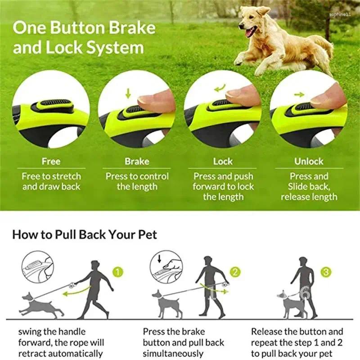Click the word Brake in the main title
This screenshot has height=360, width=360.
pos(132,28)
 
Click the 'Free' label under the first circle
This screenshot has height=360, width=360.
pos(51,161)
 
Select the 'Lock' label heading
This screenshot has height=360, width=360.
pos(223,161)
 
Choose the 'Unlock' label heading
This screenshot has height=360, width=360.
pos(309,161)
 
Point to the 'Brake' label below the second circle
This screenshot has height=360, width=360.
pos(137,161)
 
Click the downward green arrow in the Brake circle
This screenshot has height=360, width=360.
pos(128,94)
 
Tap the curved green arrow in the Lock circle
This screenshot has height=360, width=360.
pos(220,88)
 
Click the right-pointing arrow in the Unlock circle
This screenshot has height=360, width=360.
pos(299,94)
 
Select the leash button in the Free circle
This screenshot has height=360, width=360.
pos(52,106)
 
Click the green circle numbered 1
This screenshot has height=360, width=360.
pos(118,272)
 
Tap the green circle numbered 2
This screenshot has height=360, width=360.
pos(235,272)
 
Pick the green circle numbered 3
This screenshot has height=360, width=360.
pos(326,272)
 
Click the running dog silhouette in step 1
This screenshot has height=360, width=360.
pos(41,305)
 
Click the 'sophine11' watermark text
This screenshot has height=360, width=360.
pos(340,14)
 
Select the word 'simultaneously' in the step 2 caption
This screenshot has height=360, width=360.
pos(173,353)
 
